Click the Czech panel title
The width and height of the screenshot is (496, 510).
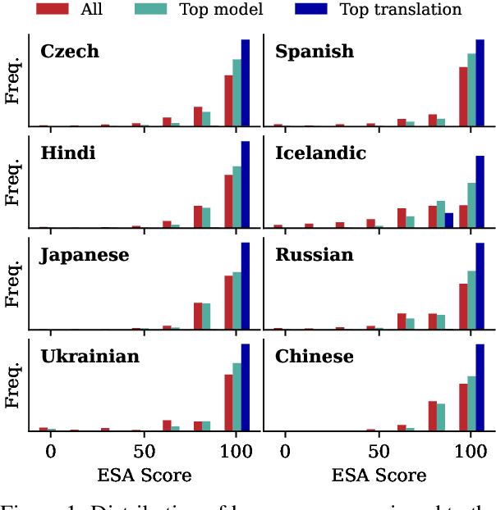[70, 52]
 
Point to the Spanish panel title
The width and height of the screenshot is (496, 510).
[315, 52]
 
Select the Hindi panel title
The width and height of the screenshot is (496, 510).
[67, 153]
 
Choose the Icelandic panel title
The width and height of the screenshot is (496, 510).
[320, 153]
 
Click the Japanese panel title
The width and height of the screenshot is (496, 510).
[84, 255]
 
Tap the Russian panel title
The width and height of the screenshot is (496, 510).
[315, 255]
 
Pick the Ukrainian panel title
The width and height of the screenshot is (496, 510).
[90, 357]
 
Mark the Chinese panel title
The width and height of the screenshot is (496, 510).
[315, 357]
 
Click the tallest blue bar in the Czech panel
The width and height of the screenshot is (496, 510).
[245, 83]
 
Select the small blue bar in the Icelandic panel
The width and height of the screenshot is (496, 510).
[449, 220]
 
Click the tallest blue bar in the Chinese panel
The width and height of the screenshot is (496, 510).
[480, 388]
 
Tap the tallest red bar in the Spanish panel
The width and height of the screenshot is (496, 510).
[463, 96]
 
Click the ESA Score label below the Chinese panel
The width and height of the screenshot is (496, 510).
[379, 476]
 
